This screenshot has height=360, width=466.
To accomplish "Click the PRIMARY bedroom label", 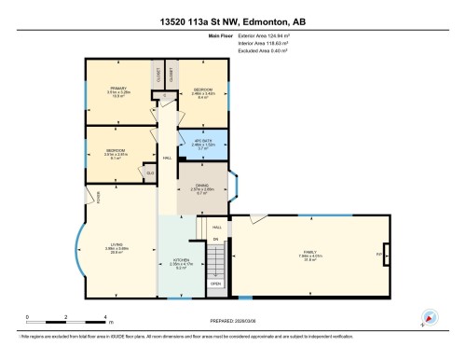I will click(x=117, y=89).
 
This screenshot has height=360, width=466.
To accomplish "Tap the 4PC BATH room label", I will click(x=202, y=141).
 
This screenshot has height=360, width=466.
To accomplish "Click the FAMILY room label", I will click(x=308, y=255).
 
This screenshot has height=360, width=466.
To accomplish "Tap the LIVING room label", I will click(x=116, y=245).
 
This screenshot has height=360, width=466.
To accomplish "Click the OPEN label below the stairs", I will click(x=214, y=284).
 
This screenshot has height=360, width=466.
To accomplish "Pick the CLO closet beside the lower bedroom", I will click(x=148, y=171).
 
